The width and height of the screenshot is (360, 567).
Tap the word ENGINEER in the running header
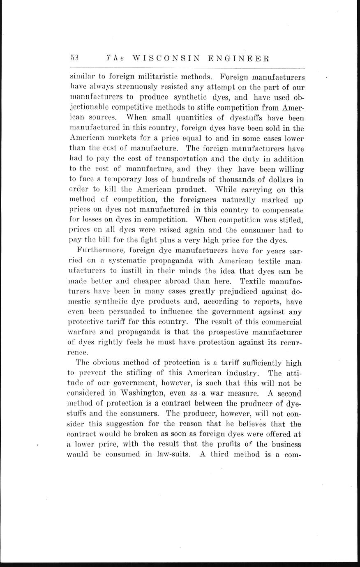coord(239,58)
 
